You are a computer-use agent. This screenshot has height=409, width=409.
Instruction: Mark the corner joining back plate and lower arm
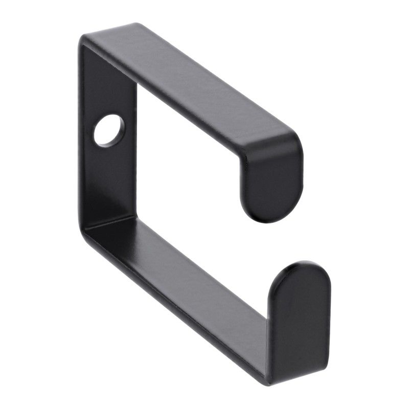(x=89, y=225)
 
